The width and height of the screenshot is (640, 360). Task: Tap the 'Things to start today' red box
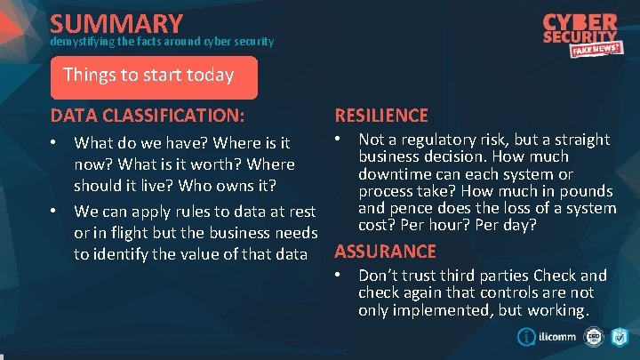[154, 76]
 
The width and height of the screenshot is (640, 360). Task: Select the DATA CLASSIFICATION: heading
[148, 115]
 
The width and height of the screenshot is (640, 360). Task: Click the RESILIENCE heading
[380, 115]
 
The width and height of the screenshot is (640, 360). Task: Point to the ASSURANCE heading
[385, 252]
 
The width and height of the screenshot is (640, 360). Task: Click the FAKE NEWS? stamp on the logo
[595, 52]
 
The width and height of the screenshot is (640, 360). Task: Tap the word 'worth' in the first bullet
[222, 164]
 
